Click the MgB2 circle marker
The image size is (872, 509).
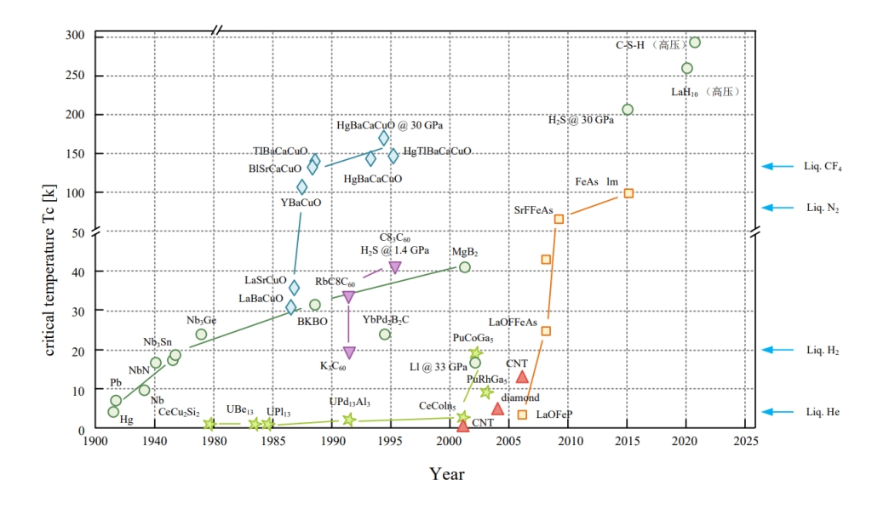(x=464, y=267)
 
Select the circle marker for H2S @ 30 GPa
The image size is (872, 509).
(x=628, y=109)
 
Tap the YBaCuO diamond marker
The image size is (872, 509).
(x=301, y=187)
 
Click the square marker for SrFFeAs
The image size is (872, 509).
(x=559, y=219)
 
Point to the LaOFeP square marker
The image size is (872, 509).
(x=522, y=415)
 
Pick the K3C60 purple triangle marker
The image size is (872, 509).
(x=348, y=352)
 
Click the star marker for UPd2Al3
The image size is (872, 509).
(x=348, y=419)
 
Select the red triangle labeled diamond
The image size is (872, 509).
(x=497, y=409)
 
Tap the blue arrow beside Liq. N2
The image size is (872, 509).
(x=778, y=207)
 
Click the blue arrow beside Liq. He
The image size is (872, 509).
(x=778, y=412)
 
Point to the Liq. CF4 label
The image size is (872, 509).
(x=823, y=167)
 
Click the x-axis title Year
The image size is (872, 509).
(x=446, y=474)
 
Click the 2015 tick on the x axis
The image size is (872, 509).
(x=628, y=442)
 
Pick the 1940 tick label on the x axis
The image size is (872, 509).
(x=154, y=442)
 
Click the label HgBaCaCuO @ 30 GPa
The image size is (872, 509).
(x=389, y=125)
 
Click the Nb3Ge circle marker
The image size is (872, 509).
(x=201, y=334)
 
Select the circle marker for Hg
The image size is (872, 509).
(x=113, y=412)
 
